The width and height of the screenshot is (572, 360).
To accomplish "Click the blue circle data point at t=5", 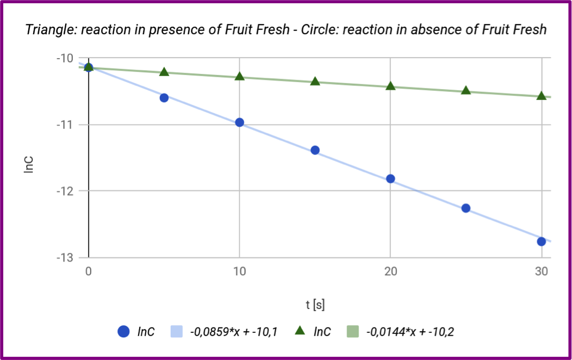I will click(164, 98).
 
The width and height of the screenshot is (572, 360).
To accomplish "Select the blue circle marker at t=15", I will click(315, 150).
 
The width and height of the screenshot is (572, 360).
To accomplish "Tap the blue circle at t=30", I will click(541, 241).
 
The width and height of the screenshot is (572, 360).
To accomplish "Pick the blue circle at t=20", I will click(390, 179).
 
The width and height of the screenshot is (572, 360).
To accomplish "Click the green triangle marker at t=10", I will click(239, 76).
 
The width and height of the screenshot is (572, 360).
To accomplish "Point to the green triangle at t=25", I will click(465, 90).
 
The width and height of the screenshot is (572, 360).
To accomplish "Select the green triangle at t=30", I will click(541, 96).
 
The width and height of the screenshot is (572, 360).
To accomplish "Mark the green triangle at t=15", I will click(315, 82).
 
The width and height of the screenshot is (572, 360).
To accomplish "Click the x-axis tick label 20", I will click(390, 272).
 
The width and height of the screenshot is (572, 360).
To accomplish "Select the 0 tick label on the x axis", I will click(89, 272).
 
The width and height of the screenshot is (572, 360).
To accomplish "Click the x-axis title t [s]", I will click(315, 304).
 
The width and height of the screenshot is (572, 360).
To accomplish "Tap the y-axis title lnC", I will click(29, 164).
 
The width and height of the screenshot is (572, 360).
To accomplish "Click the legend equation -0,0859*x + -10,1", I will click(234, 331).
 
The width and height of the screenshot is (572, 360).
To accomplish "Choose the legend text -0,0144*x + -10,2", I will click(410, 331).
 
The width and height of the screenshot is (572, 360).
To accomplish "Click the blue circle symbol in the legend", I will click(124, 331).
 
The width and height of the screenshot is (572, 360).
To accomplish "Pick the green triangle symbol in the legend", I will click(300, 331).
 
